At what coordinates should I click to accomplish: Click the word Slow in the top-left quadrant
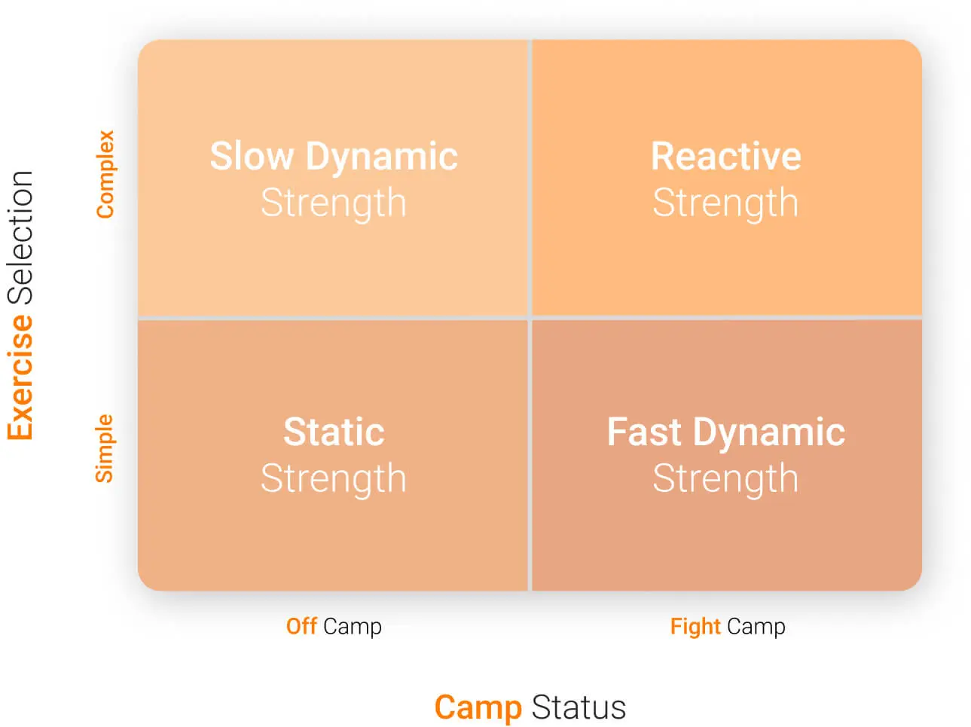(251, 157)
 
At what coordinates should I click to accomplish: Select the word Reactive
(725, 157)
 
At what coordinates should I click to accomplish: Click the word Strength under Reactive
(725, 203)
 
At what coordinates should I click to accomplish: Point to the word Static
(334, 432)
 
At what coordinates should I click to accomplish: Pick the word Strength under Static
(334, 479)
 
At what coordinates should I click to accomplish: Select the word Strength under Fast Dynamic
(725, 479)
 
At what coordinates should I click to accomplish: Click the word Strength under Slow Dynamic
(334, 203)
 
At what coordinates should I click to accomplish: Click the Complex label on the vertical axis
(105, 175)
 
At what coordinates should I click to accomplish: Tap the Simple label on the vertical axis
(104, 449)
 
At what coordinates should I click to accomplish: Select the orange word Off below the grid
(301, 626)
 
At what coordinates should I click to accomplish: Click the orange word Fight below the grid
(695, 627)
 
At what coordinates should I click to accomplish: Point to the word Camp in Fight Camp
(756, 627)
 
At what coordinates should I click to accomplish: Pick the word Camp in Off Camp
(353, 627)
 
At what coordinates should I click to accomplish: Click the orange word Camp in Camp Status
(478, 708)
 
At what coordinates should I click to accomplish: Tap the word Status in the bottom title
(579, 708)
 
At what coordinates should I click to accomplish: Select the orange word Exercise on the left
(20, 377)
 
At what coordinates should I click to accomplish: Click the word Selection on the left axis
(20, 237)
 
